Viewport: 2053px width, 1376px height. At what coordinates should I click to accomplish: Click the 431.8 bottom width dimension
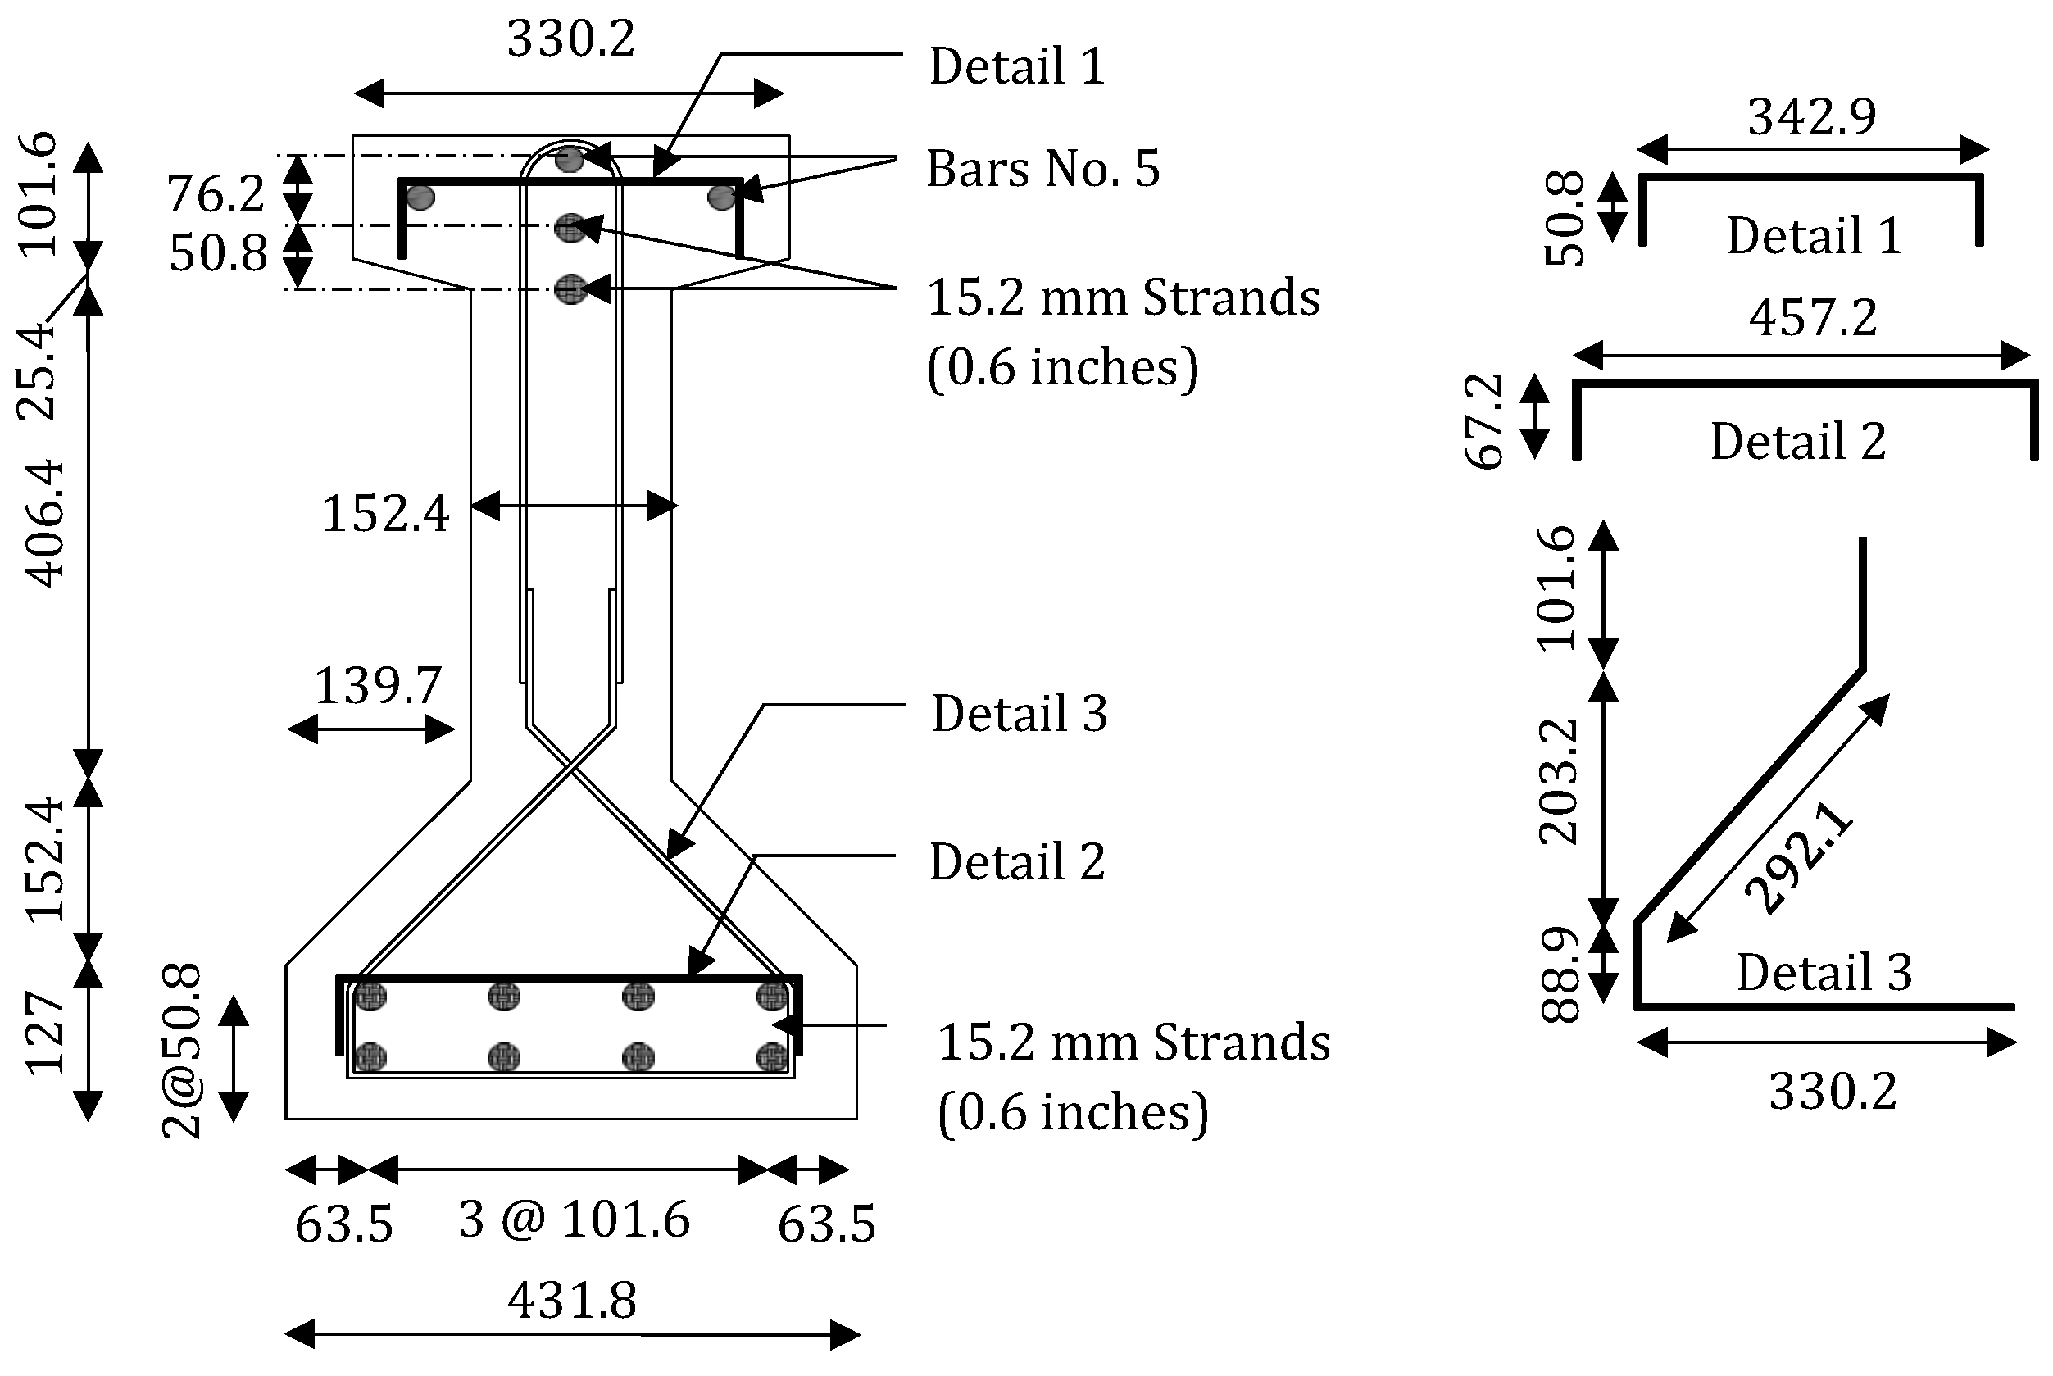572,1301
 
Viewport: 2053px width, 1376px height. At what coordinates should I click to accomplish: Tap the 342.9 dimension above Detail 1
1812,116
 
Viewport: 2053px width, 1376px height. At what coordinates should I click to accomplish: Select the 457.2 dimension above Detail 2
1813,318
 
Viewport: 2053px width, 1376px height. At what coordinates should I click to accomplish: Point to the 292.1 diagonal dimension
1799,859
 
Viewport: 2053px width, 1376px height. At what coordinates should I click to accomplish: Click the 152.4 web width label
386,513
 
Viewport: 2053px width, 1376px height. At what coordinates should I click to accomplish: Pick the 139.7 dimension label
377,685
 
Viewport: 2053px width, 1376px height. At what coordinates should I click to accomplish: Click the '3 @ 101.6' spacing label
574,1219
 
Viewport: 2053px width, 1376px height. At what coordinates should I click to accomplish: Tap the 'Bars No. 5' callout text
1042,169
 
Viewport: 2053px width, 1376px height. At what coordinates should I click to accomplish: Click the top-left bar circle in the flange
421,198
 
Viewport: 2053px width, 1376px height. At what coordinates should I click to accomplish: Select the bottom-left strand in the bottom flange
371,1056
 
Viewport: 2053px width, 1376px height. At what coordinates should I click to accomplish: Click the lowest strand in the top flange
570,288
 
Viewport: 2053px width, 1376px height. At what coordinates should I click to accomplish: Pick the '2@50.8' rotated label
183,1051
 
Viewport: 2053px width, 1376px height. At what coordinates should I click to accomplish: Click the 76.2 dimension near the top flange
216,194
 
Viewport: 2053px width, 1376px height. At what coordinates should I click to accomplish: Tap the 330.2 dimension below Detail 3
1833,1092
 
